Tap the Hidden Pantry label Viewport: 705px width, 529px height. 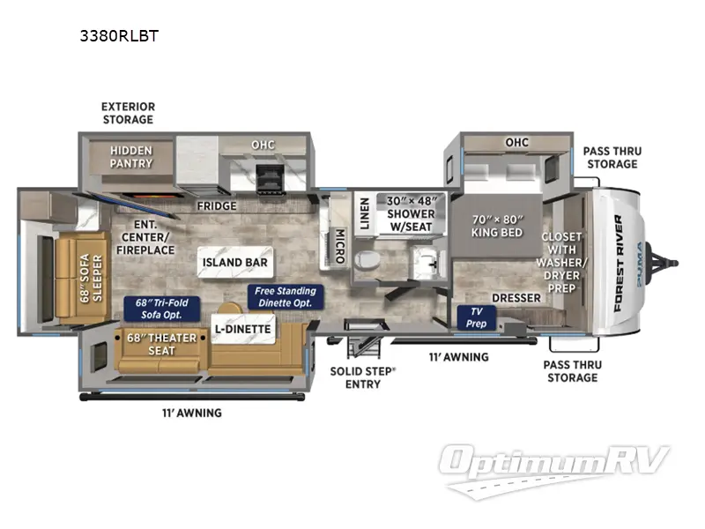pos(130,157)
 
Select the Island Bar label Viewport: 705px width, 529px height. pos(234,262)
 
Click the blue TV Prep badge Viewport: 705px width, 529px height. pos(477,317)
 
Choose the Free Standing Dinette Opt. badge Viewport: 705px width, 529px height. pos(286,296)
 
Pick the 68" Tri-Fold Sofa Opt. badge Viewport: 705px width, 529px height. pos(162,309)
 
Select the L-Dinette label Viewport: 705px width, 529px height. pos(242,330)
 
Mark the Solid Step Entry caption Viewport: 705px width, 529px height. pos(362,377)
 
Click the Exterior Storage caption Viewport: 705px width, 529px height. pos(127,113)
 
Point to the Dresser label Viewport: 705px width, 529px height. pos(516,298)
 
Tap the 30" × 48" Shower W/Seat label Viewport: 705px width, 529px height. pos(411,213)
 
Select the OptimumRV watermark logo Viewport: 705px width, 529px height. pos(556,468)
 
